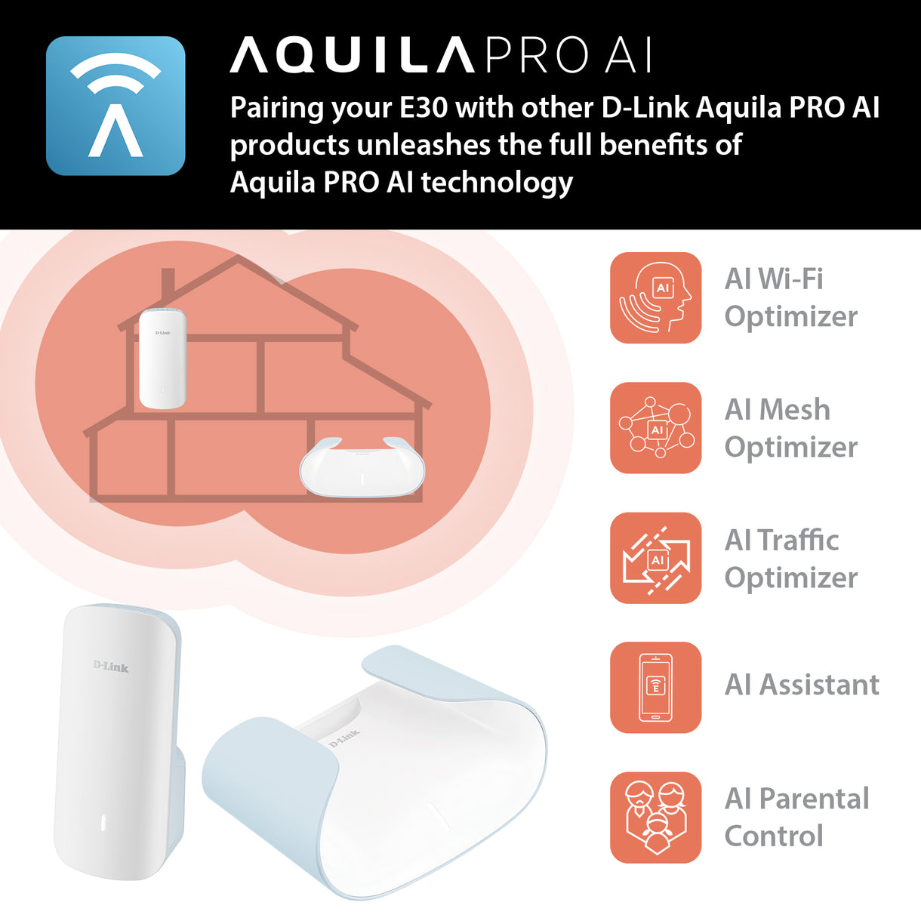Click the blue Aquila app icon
point(116,106)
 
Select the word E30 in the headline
point(424,108)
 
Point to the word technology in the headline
point(496,183)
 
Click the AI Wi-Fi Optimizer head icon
point(655,297)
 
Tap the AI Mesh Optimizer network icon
point(655,428)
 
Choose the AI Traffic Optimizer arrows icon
point(655,558)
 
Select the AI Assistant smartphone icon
point(655,687)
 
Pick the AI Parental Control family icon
point(655,818)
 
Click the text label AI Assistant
point(802,685)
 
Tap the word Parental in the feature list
point(814,799)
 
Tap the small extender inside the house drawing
point(162,359)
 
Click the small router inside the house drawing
point(362,468)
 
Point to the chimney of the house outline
point(168,283)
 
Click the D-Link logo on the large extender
point(111,667)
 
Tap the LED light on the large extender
point(103,823)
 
